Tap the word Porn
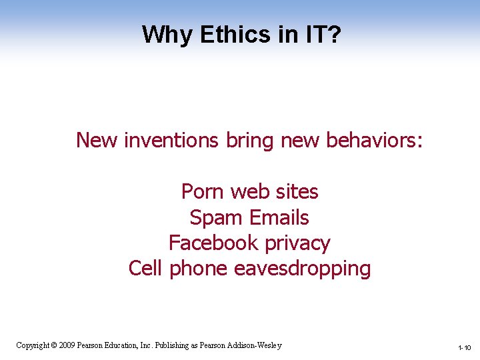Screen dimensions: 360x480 click(203, 192)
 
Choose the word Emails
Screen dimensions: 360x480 click(279, 217)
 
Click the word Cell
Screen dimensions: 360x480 click(146, 268)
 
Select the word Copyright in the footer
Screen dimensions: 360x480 click(32, 345)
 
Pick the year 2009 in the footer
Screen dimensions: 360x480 click(67, 345)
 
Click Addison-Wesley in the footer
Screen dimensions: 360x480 click(255, 345)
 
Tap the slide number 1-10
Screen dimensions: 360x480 click(465, 348)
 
